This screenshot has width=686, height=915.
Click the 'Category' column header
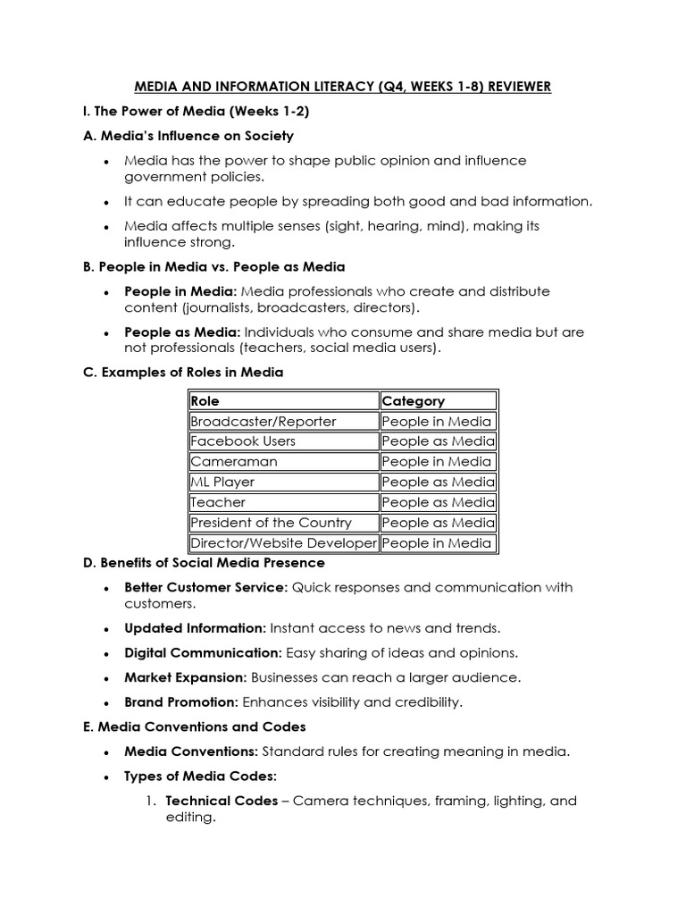point(413,401)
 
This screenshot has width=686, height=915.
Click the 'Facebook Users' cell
point(243,441)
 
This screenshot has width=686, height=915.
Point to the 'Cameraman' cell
point(234,462)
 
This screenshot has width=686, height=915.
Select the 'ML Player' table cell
point(222,483)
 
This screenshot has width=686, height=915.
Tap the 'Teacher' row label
point(218,502)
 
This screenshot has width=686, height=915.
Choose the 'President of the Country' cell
point(271,523)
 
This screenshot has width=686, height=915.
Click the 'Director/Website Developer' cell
point(283,543)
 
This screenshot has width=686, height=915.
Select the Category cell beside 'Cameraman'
point(437,462)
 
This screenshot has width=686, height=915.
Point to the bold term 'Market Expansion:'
point(186,677)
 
